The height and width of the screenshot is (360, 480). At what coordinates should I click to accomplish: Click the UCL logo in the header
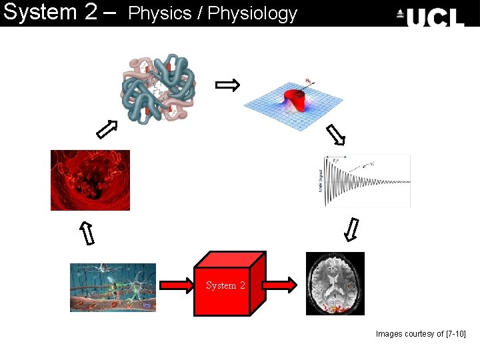431,15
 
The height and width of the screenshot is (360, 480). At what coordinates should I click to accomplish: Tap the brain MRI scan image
335,283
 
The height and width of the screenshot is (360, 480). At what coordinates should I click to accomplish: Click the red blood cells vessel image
90,180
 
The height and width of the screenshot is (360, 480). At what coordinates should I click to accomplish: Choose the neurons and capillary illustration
113,287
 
